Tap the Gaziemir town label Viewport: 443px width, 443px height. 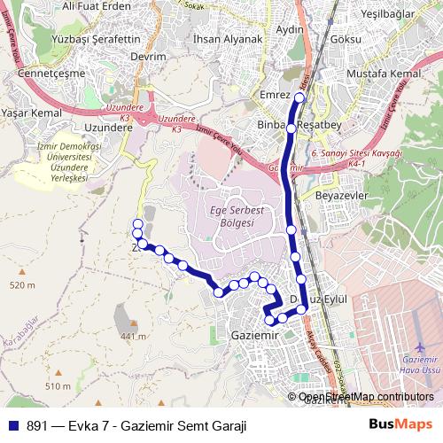point(254,337)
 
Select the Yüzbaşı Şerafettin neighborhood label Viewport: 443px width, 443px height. point(97,41)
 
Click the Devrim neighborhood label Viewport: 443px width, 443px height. point(148,57)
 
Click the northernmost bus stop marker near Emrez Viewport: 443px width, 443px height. point(299,97)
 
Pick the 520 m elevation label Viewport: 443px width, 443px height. point(22,285)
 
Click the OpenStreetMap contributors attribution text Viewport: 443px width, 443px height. point(366,397)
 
